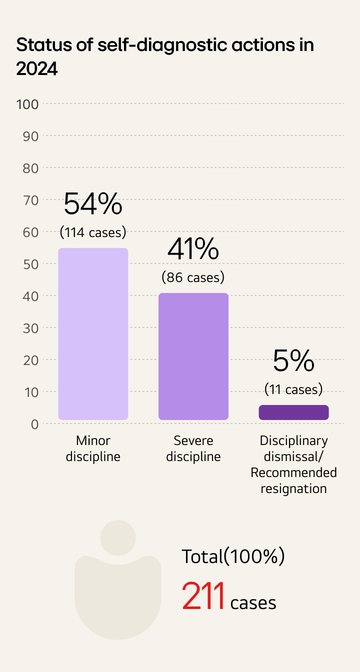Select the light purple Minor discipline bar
(93, 333)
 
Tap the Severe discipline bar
(193, 356)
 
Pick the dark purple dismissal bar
(293, 412)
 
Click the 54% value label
(93, 203)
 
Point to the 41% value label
(193, 249)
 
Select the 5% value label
(293, 361)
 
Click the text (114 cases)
(93, 232)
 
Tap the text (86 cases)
(193, 277)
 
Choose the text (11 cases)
(293, 389)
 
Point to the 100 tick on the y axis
(27, 104)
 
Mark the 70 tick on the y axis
(30, 200)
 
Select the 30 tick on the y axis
(30, 328)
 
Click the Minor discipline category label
(93, 448)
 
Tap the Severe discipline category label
(193, 448)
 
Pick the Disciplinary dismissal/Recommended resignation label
(293, 464)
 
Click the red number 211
(203, 597)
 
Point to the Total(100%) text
(233, 556)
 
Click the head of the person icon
(118, 538)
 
